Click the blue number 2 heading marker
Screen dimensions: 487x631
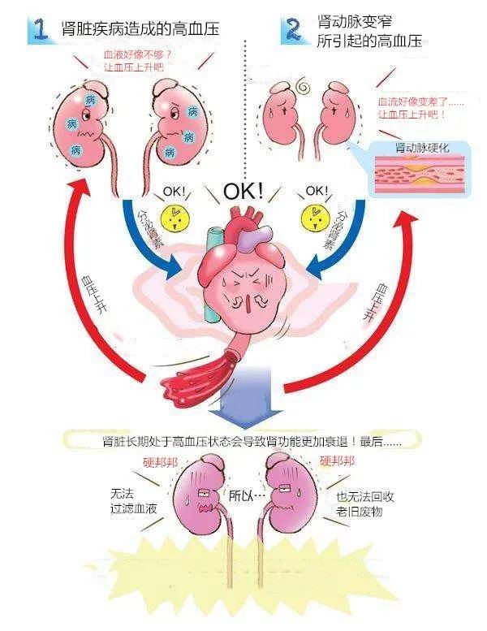(293, 28)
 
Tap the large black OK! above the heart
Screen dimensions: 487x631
(243, 192)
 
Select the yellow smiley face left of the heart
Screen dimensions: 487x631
(175, 219)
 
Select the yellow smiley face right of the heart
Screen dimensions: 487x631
(315, 219)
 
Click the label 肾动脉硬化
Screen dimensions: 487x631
(422, 147)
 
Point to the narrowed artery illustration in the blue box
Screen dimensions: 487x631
(420, 174)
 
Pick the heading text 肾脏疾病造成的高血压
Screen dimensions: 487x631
(140, 29)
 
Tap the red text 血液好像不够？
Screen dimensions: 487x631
(137, 54)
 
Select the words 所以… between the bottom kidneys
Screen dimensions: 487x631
(247, 495)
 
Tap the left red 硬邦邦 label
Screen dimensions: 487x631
(161, 462)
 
